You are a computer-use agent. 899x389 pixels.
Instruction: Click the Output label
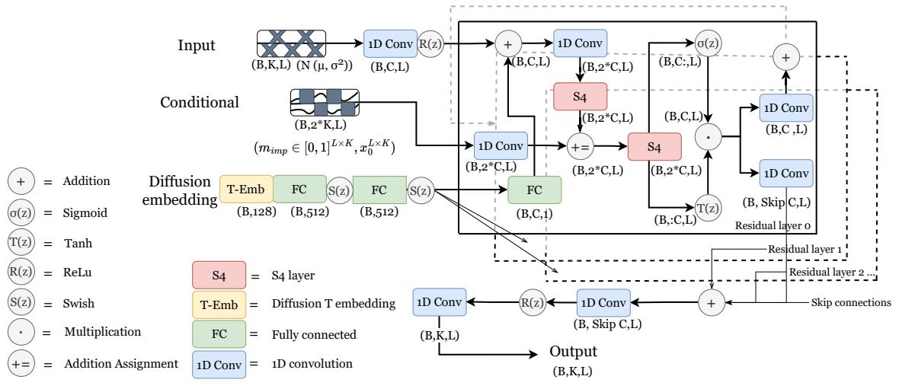(x=573, y=354)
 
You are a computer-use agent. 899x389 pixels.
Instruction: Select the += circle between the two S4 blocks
(x=582, y=144)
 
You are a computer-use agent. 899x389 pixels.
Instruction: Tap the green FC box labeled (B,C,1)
(x=534, y=190)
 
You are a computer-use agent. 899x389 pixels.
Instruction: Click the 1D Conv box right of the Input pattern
(x=389, y=43)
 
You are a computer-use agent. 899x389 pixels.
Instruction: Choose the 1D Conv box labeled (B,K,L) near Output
(x=437, y=302)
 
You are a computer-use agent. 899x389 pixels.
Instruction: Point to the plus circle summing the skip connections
(x=711, y=302)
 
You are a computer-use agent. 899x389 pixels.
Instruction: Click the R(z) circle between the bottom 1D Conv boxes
(x=533, y=302)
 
